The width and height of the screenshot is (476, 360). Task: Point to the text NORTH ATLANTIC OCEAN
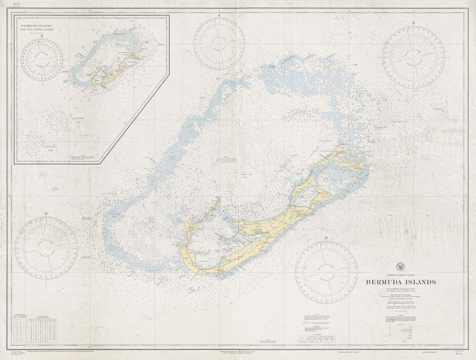coord(400,275)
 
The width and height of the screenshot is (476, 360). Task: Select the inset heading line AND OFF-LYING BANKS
coord(42,31)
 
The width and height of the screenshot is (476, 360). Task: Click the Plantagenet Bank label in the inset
coord(43,146)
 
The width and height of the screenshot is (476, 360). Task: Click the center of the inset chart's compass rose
coord(43,60)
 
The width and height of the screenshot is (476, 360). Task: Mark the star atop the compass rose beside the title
coord(326,238)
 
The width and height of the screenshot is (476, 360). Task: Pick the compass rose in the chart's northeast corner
coord(413,57)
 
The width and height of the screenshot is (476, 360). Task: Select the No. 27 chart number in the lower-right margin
coord(459,354)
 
